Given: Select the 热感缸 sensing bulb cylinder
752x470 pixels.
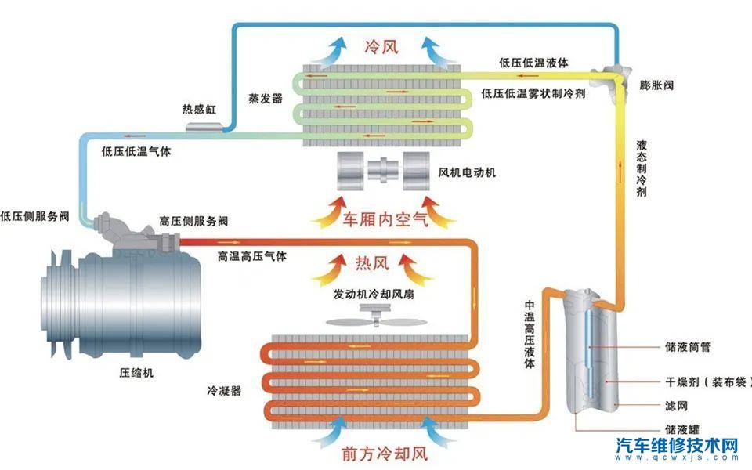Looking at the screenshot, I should coord(202,125).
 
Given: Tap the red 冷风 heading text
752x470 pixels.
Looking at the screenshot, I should coord(381,46).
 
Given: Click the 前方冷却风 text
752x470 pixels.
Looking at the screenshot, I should coord(382,453).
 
